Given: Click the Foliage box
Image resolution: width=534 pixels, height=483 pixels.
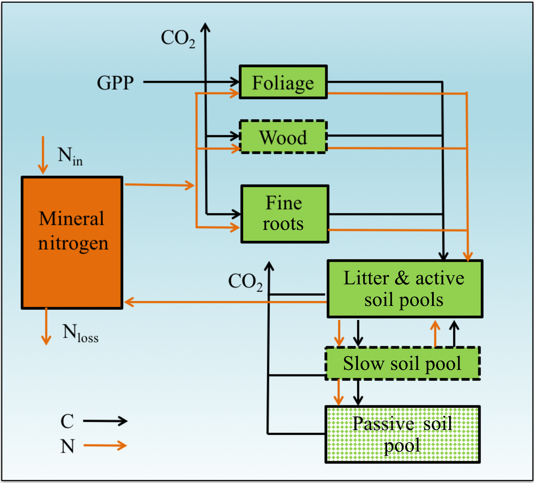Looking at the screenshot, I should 283,82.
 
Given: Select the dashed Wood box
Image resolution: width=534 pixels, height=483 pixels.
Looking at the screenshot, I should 283,137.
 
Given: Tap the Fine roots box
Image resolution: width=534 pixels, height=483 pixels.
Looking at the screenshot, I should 284,214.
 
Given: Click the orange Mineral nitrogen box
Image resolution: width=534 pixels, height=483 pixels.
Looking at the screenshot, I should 72,243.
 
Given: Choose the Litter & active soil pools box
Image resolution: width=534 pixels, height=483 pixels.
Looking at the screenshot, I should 405,289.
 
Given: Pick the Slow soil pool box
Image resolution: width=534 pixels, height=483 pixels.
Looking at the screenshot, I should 402,363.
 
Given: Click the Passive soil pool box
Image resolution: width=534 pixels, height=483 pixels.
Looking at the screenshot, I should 402,434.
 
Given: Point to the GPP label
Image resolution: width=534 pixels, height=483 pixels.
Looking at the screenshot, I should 115,83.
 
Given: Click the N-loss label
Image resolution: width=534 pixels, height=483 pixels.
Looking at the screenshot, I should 80,333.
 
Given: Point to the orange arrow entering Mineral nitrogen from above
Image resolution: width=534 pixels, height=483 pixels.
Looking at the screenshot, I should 43,155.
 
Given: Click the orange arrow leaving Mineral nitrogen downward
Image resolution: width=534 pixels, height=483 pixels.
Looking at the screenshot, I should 46,327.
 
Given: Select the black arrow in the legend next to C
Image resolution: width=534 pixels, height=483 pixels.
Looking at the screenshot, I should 105,421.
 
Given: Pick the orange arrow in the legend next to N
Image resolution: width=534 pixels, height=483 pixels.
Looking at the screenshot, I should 105,445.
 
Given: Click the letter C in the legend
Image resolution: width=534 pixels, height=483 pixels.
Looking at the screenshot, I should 67,421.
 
